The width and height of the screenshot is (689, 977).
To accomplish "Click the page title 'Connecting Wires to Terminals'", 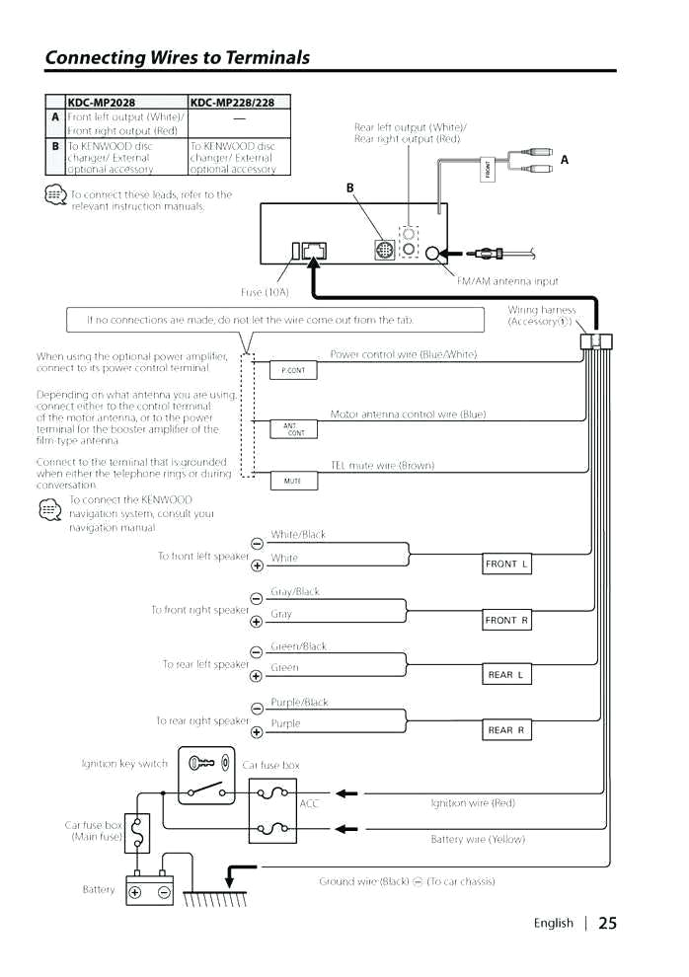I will click(178, 57).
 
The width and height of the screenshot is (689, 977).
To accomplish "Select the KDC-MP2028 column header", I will click(102, 102).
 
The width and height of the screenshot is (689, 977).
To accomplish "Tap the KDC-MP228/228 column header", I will click(232, 102).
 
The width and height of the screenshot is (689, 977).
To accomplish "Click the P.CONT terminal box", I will click(293, 370).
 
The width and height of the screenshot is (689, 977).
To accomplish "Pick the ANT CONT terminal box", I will click(293, 429).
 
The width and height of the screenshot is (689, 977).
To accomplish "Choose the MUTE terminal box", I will click(293, 482).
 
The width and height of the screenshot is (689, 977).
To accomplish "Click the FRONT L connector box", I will click(506, 564).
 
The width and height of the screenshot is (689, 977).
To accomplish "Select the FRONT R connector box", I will click(506, 620).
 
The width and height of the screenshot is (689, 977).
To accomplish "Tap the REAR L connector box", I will click(506, 675).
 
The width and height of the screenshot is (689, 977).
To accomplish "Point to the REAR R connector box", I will click(506, 730).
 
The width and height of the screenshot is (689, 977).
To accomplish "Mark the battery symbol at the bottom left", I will click(149, 891).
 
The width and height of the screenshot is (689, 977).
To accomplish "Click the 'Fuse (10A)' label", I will click(265, 292).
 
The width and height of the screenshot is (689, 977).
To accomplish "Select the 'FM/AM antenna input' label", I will click(507, 281).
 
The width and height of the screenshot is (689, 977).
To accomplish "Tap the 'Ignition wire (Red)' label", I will click(473, 803).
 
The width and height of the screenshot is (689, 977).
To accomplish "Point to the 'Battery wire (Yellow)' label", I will click(478, 839).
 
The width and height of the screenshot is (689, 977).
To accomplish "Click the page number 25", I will click(607, 924).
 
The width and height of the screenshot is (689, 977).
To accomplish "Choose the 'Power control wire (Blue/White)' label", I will click(403, 353).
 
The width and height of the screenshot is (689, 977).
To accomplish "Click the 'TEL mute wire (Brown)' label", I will click(381, 465).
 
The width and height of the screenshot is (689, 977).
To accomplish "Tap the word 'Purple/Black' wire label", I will click(299, 703).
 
